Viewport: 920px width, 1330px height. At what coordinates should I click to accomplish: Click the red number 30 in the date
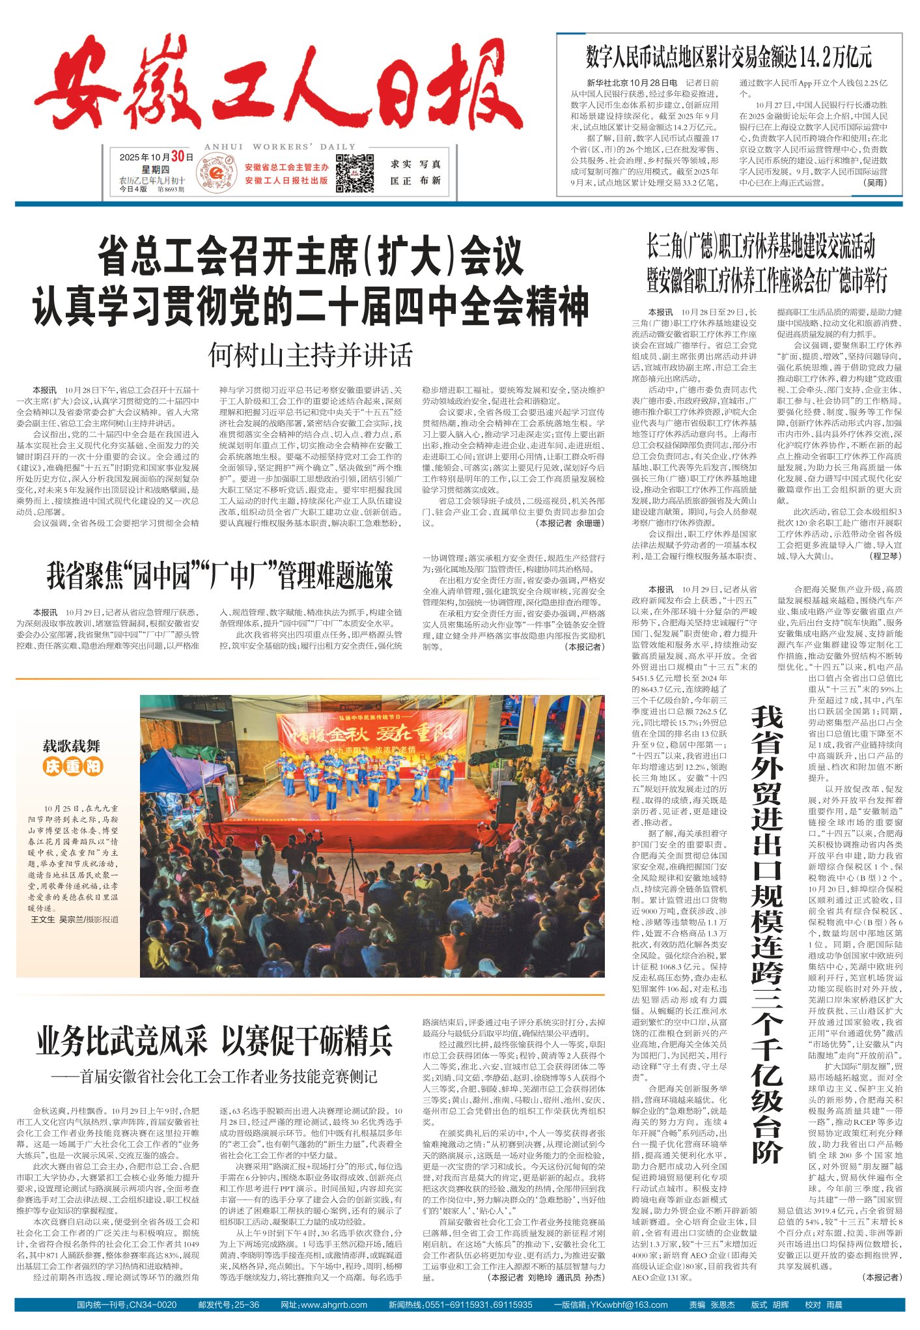click(178, 156)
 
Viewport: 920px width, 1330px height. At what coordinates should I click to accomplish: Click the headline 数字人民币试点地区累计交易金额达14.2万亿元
click(729, 58)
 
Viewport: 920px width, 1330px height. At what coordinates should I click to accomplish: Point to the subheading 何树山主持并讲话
click(311, 356)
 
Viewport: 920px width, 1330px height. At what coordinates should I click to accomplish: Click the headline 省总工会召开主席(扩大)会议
click(311, 257)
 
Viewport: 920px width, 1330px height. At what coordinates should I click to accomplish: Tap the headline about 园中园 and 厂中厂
click(219, 576)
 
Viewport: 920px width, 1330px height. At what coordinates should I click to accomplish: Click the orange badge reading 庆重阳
click(73, 767)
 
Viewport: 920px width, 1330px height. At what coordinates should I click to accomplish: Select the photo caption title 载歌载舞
click(72, 746)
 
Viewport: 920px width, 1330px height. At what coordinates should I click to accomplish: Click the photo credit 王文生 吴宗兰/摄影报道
click(75, 919)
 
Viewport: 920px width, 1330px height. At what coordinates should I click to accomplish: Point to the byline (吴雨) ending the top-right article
click(874, 183)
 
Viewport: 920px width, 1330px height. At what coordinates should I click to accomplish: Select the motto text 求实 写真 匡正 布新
click(415, 173)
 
